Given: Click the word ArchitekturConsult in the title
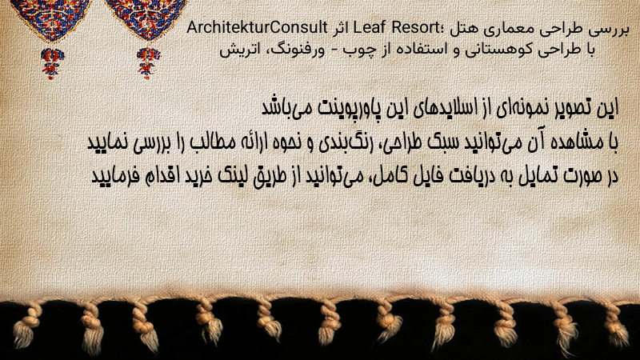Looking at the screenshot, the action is pos(257,28).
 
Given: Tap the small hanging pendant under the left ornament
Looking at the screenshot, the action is pos(52,63).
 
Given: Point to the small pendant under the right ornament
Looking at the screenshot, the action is pos(148,63).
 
